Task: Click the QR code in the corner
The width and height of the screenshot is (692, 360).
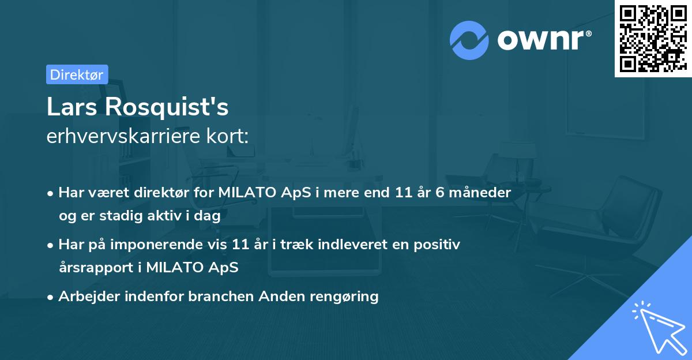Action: pyautogui.click(x=653, y=38)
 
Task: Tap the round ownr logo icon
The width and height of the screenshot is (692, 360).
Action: pyautogui.click(x=469, y=40)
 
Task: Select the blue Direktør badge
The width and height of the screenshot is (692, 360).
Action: pyautogui.click(x=77, y=74)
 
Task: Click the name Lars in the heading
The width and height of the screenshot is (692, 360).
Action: pyautogui.click(x=70, y=107)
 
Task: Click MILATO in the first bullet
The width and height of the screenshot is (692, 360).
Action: pyautogui.click(x=242, y=193)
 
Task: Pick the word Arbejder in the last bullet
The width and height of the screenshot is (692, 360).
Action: pyautogui.click(x=85, y=297)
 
